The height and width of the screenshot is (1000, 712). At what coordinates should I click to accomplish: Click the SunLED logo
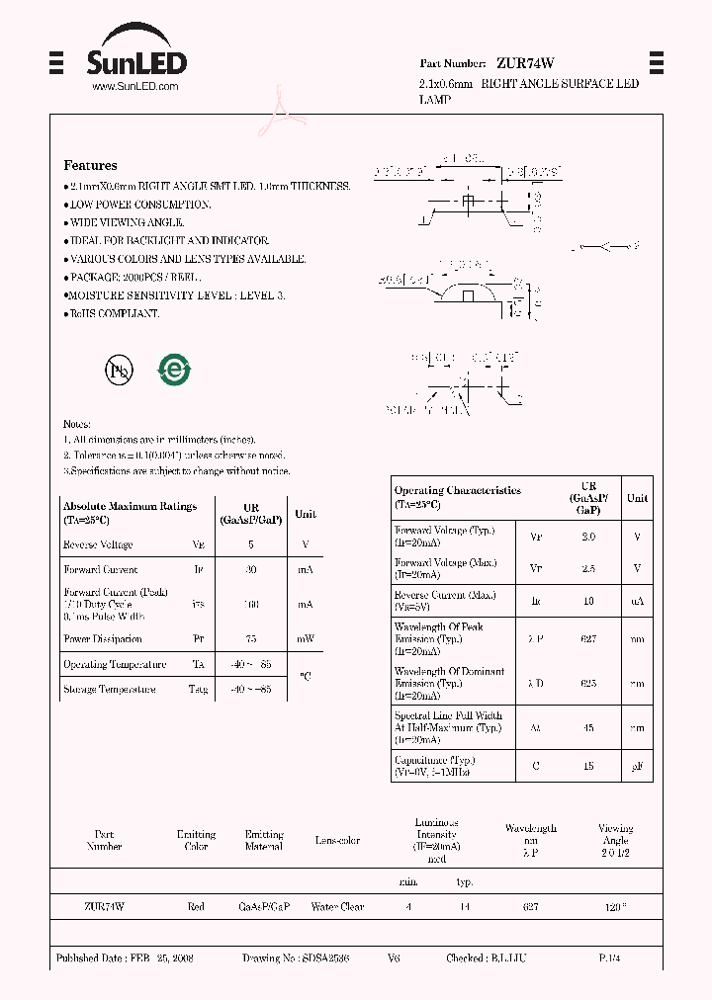click(x=135, y=63)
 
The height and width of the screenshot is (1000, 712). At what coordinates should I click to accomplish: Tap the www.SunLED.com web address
click(x=134, y=87)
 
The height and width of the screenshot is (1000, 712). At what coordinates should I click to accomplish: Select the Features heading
click(x=90, y=165)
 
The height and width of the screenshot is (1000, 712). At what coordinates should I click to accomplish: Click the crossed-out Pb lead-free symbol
click(x=119, y=371)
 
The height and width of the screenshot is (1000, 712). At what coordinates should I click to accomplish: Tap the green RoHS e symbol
click(x=174, y=371)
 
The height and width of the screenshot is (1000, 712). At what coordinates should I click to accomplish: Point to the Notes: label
click(x=77, y=424)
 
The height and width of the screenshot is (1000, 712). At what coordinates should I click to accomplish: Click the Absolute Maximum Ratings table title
click(x=130, y=506)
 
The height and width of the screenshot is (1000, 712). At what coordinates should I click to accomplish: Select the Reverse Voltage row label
click(x=98, y=544)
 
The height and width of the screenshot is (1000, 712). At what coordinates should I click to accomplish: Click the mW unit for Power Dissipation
click(x=306, y=639)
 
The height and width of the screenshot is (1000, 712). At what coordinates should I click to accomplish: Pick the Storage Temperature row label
click(x=109, y=690)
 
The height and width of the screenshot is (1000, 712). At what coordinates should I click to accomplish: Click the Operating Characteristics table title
click(x=457, y=490)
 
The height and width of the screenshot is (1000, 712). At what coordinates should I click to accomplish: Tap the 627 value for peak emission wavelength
click(x=589, y=639)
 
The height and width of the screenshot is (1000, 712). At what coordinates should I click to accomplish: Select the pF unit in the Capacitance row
click(x=637, y=766)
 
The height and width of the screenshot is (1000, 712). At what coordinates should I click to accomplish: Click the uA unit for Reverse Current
click(x=637, y=601)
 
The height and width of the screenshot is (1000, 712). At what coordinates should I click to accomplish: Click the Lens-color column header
click(x=337, y=841)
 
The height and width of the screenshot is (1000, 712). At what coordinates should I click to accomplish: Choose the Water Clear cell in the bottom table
click(x=337, y=906)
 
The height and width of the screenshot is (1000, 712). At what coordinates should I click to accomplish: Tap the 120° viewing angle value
click(x=615, y=906)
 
